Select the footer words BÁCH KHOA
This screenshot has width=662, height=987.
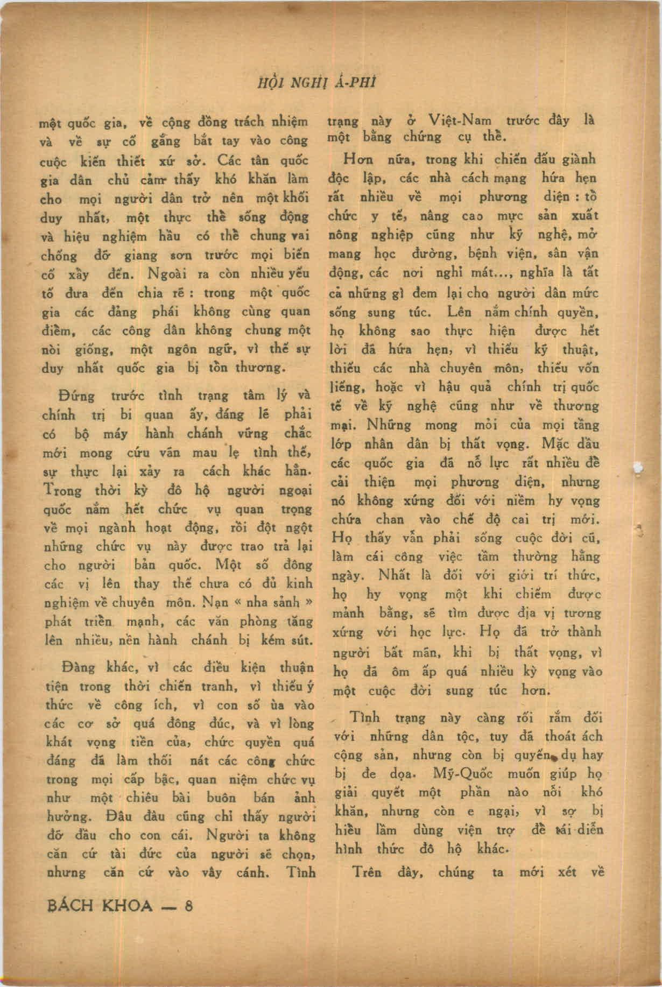pyautogui.click(x=99, y=905)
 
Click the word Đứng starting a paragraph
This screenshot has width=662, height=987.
pyautogui.click(x=78, y=397)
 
